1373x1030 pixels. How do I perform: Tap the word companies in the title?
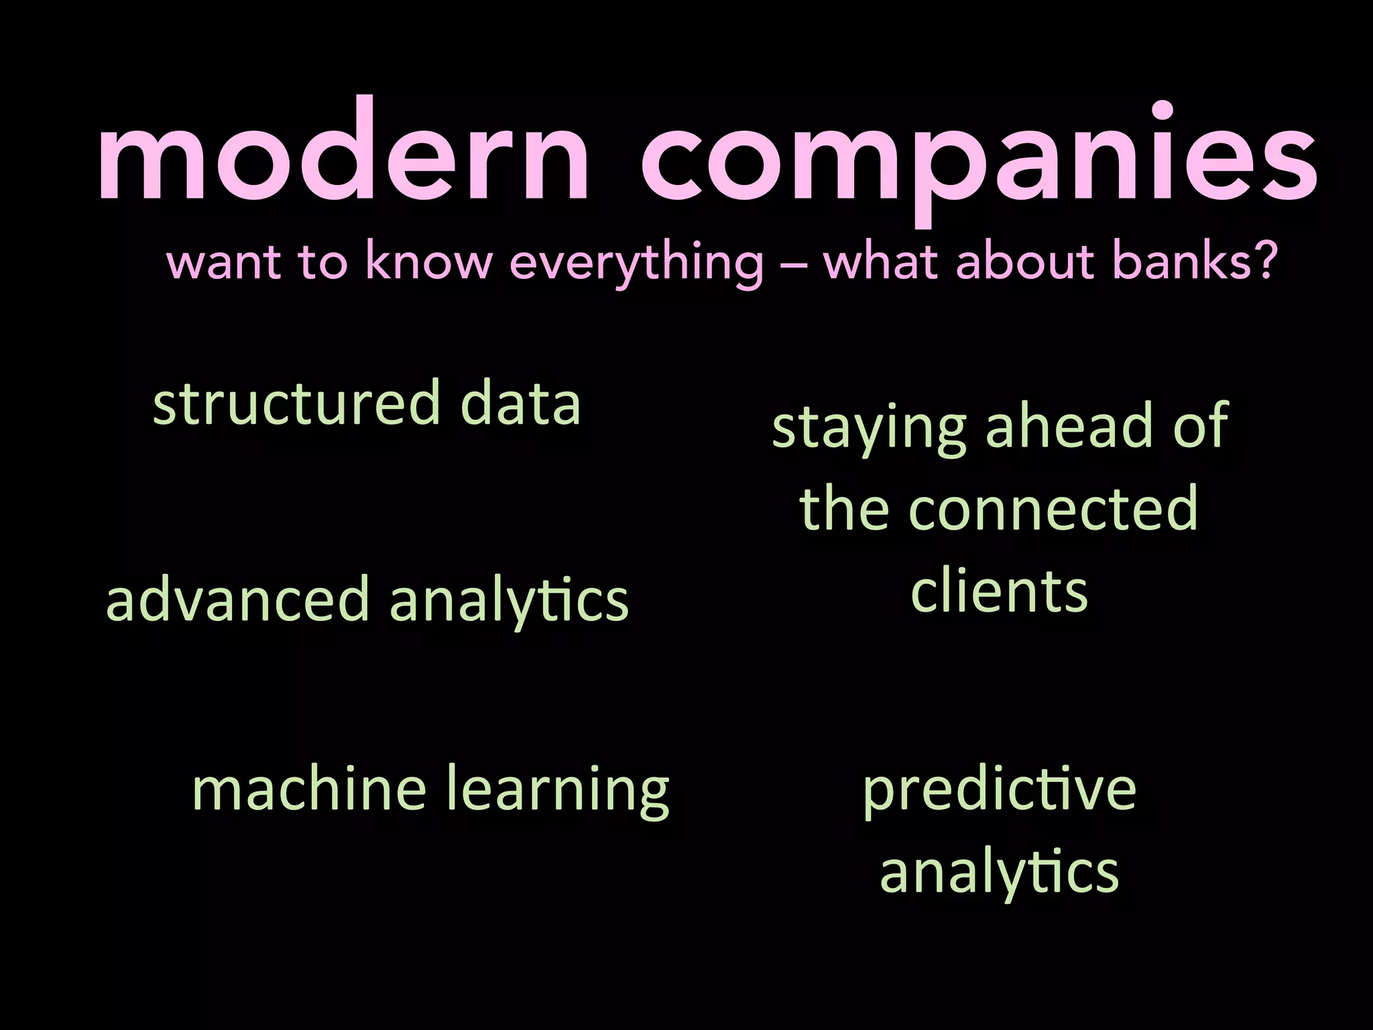[x=979, y=161]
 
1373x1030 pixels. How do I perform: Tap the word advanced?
[x=238, y=599]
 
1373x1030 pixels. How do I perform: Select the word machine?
[x=309, y=789]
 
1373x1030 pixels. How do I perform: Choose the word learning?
[x=557, y=791]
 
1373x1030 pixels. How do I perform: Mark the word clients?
[x=999, y=591]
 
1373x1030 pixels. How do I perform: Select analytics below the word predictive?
[x=999, y=873]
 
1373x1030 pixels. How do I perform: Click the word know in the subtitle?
[x=429, y=262]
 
